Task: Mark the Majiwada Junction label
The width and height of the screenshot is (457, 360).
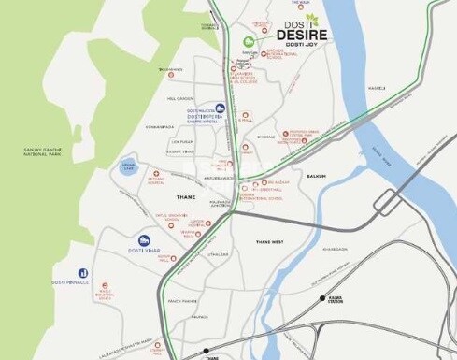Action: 221,203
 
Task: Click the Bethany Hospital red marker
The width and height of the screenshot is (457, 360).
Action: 156,173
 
